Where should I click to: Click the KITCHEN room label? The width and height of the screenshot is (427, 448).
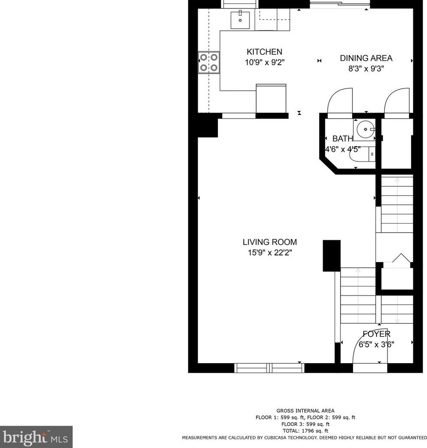point(264,52)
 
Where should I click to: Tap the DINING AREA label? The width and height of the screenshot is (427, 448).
point(366,58)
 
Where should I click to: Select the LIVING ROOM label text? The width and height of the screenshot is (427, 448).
point(270,242)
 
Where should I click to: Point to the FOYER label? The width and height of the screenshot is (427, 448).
point(377,334)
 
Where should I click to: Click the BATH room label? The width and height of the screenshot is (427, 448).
point(343,139)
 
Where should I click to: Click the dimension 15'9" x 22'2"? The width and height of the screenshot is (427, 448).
point(270,253)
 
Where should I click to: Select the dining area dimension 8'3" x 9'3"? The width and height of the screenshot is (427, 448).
point(366,69)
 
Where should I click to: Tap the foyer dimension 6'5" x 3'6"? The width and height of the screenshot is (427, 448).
point(377,344)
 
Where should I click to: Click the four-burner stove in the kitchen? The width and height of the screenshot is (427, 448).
point(209,63)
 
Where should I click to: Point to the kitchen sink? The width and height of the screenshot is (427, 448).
point(240,19)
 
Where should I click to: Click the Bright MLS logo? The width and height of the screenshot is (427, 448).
point(36,437)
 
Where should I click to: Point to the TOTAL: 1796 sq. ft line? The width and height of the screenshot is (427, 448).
point(305,431)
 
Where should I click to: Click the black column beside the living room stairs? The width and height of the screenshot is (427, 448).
point(331,256)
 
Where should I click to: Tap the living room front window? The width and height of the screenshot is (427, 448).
point(270,368)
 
